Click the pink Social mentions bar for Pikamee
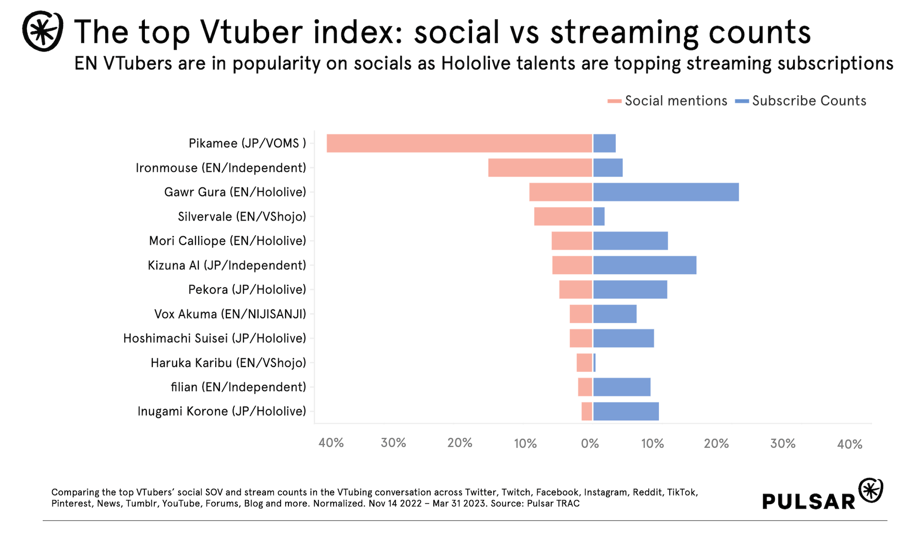pos(459,143)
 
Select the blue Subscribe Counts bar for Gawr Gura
pos(666,192)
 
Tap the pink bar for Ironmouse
pos(540,168)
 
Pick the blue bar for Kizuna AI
pos(644,265)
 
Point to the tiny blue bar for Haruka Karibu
pos(594,363)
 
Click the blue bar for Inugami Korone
pos(626,411)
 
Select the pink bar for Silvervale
pos(563,216)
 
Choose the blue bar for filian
pos(621,387)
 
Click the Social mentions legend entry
pos(667,101)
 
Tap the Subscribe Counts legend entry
pos(801,101)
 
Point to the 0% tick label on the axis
pos(590,443)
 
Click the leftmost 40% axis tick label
pos(331,443)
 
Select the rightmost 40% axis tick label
pos(850,444)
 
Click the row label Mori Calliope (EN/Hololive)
pos(228,241)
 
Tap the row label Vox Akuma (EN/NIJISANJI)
pos(230,314)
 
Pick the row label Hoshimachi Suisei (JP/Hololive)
pos(214,338)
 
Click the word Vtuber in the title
pos(251,32)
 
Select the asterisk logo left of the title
pos(43,31)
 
